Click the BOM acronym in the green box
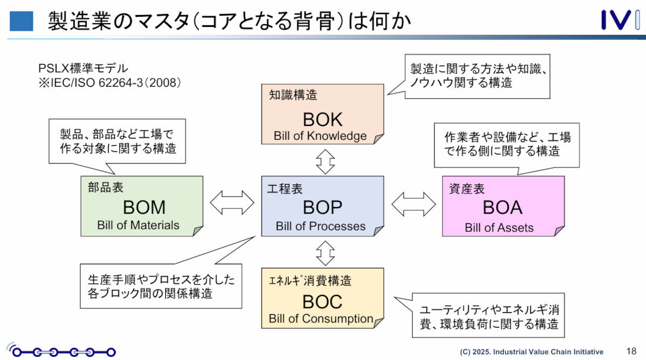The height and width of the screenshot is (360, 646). tap(144, 207)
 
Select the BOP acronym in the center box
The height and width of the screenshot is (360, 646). tap(322, 208)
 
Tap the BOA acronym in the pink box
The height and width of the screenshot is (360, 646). tap(502, 208)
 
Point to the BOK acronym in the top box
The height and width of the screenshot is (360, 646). tap(322, 118)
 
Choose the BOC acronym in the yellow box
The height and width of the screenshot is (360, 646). tap(322, 300)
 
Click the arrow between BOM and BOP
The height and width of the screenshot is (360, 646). tap(232, 203)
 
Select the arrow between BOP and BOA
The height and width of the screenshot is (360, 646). tap(413, 203)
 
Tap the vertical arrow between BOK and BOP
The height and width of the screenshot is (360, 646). tap(325, 160)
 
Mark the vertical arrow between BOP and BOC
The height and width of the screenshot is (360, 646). tap(325, 252)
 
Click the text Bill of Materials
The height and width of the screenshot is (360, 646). tap(138, 225)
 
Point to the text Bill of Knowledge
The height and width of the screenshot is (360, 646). tap(320, 136)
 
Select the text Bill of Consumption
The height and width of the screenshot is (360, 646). tap(321, 319)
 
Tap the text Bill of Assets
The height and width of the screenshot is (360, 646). tap(499, 228)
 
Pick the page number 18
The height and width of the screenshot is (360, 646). tap(631, 351)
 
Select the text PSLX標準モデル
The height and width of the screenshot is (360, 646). tap(83, 69)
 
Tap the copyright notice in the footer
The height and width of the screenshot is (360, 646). tap(531, 351)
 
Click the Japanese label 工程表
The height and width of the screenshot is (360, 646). tap(285, 189)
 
